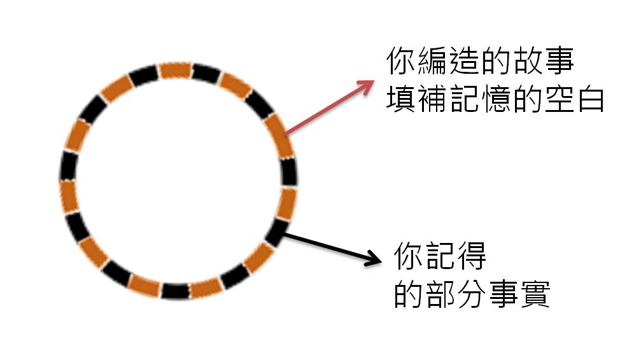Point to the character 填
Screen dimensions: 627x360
(402, 99)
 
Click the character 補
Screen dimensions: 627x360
(435, 99)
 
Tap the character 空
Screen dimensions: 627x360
(558, 99)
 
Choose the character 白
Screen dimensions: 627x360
(589, 99)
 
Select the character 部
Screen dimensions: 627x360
(441, 294)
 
